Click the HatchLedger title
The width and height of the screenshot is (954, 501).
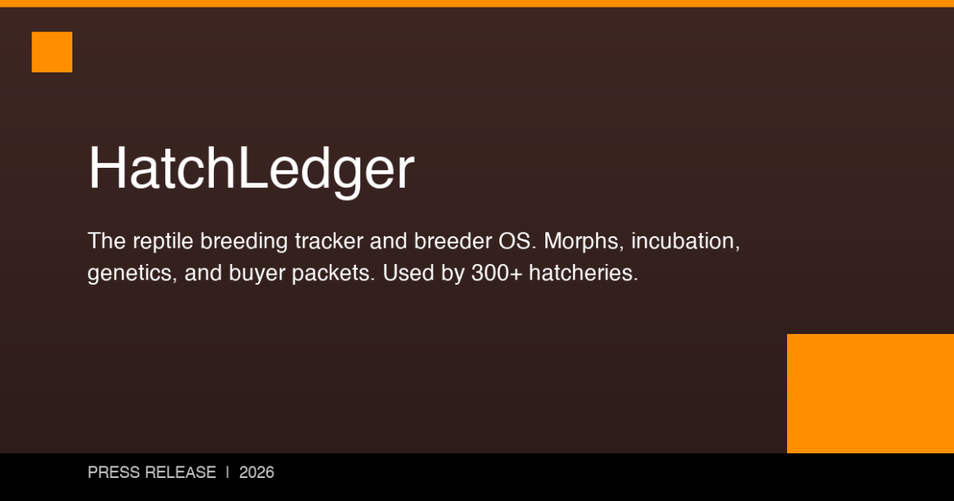coord(251,169)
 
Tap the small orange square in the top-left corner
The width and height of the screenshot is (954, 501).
coord(52,52)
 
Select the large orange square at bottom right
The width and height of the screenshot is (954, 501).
coord(870,393)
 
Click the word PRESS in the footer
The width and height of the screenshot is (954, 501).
coord(113,473)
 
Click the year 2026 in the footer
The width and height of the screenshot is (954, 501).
coord(257,473)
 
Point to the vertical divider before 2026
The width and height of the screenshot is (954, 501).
coord(228,473)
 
